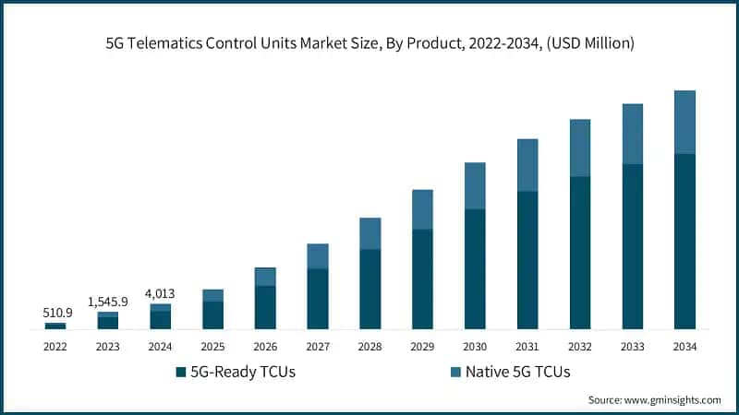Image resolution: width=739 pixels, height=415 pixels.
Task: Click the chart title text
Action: point(369,42)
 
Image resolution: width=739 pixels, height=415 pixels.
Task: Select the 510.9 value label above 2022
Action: point(55,313)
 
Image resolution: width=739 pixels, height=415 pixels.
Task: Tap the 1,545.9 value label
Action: point(108,302)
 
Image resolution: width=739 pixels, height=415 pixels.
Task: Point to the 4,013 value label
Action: point(161,293)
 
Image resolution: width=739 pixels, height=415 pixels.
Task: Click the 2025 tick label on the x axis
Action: point(213,346)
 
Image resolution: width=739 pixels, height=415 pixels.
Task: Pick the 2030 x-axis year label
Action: point(475,346)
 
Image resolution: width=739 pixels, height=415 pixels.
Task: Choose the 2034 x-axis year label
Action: point(684,346)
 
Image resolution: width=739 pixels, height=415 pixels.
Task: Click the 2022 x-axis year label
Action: point(55,346)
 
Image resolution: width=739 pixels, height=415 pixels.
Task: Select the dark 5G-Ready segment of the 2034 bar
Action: point(684,242)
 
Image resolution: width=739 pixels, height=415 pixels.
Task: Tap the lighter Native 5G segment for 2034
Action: point(684,122)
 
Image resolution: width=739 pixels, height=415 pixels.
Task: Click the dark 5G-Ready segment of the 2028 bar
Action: point(369,289)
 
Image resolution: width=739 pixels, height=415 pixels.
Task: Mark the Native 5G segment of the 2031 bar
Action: point(527,165)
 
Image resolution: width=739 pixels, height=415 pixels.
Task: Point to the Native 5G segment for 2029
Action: point(422,209)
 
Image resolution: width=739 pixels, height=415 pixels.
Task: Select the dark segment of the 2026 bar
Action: point(265,307)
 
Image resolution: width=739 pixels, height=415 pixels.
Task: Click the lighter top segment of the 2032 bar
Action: point(580,148)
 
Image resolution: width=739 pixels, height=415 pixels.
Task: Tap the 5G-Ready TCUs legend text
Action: point(242,373)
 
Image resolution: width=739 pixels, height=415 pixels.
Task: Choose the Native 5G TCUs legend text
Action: point(517,373)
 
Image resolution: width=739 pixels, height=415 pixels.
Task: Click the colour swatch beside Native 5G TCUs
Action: point(454,373)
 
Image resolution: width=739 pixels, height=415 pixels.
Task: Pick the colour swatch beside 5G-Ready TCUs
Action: point(180,373)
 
